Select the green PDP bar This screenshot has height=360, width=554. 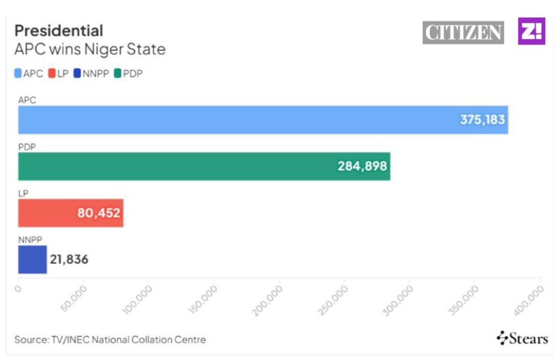point(179,166)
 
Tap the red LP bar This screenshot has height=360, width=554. point(49,213)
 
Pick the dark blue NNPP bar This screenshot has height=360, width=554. point(32,259)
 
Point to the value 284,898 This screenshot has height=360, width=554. point(362,166)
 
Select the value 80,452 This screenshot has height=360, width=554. point(99,213)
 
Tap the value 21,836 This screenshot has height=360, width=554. point(69,260)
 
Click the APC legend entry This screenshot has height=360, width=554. point(29,74)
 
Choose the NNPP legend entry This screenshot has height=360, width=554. point(92,74)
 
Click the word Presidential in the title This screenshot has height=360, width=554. point(58,30)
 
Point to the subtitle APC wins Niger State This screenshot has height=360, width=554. point(90,50)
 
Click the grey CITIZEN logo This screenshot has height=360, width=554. point(463,32)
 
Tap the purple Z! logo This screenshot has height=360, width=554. point(532,31)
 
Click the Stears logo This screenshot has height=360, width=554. point(522,339)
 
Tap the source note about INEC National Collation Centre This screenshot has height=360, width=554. point(110,340)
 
